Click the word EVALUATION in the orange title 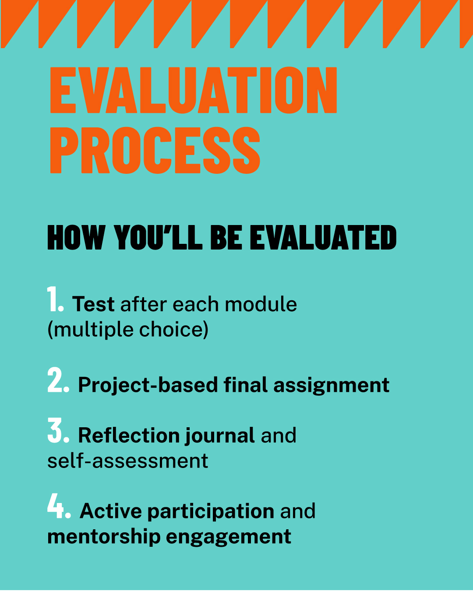click(194, 90)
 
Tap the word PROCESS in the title click(155, 150)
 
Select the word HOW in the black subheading click(76, 237)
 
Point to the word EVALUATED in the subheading click(323, 237)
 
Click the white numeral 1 click(56, 299)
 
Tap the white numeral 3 click(58, 430)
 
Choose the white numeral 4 click(59, 506)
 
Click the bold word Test click(93, 304)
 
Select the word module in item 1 click(261, 304)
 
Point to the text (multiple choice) click(128, 329)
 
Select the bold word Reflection click(129, 435)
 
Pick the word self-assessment click(127, 461)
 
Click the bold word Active click(111, 511)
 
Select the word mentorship click(104, 537)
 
